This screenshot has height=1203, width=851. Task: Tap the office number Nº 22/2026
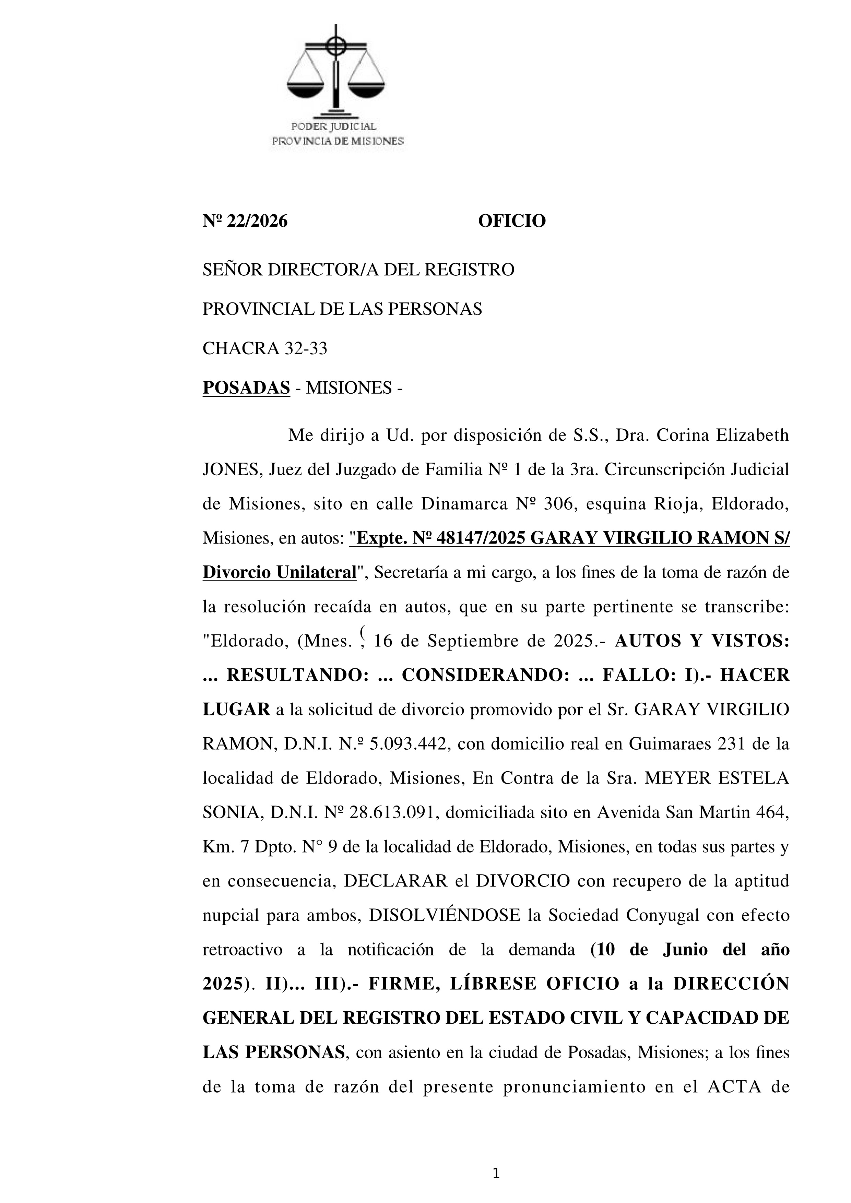[x=245, y=221]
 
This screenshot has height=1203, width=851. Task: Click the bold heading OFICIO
[x=511, y=221]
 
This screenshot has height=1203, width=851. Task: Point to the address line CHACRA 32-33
[x=264, y=348]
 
